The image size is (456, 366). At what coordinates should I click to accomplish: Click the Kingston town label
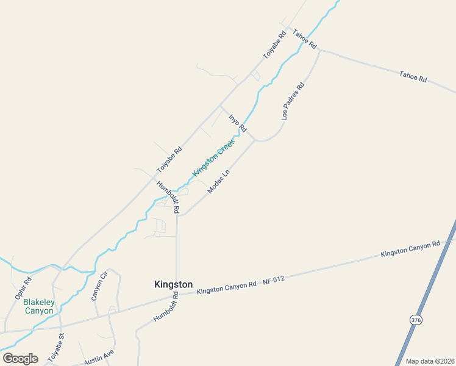[174, 284]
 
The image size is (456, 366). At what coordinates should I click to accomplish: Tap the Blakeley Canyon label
[38, 306]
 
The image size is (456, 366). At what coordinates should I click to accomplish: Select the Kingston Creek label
[213, 157]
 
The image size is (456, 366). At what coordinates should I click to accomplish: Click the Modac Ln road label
[219, 181]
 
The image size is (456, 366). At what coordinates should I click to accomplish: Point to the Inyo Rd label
[237, 123]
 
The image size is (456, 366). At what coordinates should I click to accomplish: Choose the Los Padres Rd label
[293, 101]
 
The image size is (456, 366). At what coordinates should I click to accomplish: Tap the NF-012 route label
[274, 280]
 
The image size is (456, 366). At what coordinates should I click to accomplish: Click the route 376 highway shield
[416, 320]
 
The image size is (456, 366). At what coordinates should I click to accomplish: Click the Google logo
[20, 359]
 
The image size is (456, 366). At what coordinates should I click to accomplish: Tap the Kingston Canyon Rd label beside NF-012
[227, 289]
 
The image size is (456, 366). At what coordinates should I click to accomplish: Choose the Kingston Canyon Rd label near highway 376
[410, 249]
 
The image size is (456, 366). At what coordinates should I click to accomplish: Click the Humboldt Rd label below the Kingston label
[166, 307]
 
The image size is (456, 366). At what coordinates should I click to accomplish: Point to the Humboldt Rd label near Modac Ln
[168, 196]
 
